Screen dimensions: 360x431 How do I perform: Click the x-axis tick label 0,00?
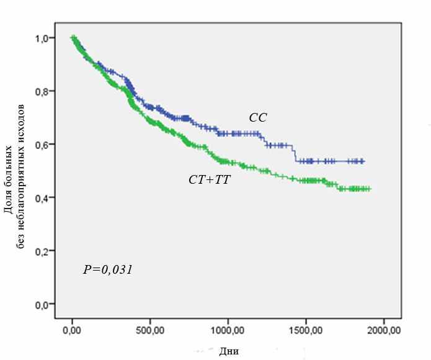[73, 329]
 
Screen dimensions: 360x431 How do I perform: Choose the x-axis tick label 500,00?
[150, 329]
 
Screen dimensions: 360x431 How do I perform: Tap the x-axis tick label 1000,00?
[228, 329]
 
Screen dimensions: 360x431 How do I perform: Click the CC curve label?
[258, 118]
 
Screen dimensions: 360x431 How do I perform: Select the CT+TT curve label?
[210, 180]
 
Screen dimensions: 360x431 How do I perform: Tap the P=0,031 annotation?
[108, 270]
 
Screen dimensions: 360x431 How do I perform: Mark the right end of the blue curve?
[364, 161]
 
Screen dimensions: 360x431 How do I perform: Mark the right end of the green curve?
[370, 189]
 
